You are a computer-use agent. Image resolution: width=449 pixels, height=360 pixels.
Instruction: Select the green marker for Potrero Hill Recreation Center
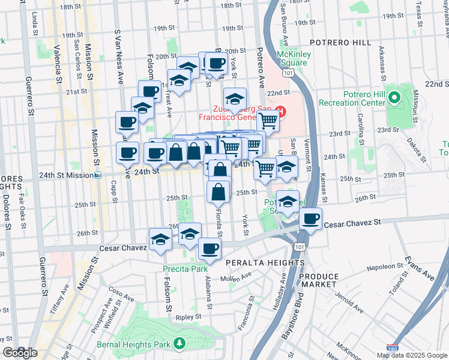coord(394,97)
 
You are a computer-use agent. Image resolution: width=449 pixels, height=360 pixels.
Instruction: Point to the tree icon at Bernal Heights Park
coord(178,343)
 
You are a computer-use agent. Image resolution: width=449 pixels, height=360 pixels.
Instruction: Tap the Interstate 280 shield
coord(392,349)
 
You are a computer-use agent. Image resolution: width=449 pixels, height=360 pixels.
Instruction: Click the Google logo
coord(19,353)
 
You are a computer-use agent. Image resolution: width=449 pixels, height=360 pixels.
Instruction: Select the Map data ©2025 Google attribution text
coord(411,355)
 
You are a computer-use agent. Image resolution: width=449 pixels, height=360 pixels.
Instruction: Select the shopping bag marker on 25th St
coord(218,192)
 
